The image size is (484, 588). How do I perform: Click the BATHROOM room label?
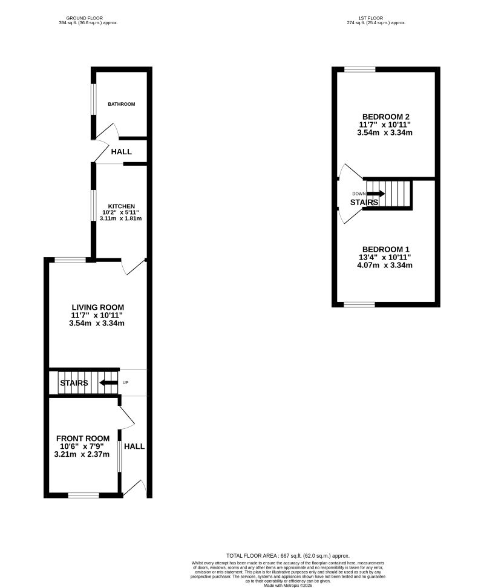122,104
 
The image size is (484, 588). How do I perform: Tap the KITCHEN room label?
122,206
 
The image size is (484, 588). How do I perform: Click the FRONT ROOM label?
83,439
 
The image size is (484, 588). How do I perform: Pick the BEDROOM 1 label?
386,249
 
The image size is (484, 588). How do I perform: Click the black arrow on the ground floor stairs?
108,383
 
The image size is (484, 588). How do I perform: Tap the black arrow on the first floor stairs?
376,194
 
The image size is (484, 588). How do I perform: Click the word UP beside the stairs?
126,383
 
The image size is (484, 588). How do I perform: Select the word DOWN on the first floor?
359,194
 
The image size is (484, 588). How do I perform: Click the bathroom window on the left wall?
93,97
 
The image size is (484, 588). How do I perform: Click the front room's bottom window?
83,495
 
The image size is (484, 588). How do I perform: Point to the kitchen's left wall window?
93,212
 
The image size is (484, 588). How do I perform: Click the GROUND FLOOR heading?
88,18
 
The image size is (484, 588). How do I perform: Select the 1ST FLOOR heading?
376,18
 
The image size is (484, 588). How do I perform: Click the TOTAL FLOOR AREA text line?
288,555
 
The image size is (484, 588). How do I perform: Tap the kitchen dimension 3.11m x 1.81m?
122,218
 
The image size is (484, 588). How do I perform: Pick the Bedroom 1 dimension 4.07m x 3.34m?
386,265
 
